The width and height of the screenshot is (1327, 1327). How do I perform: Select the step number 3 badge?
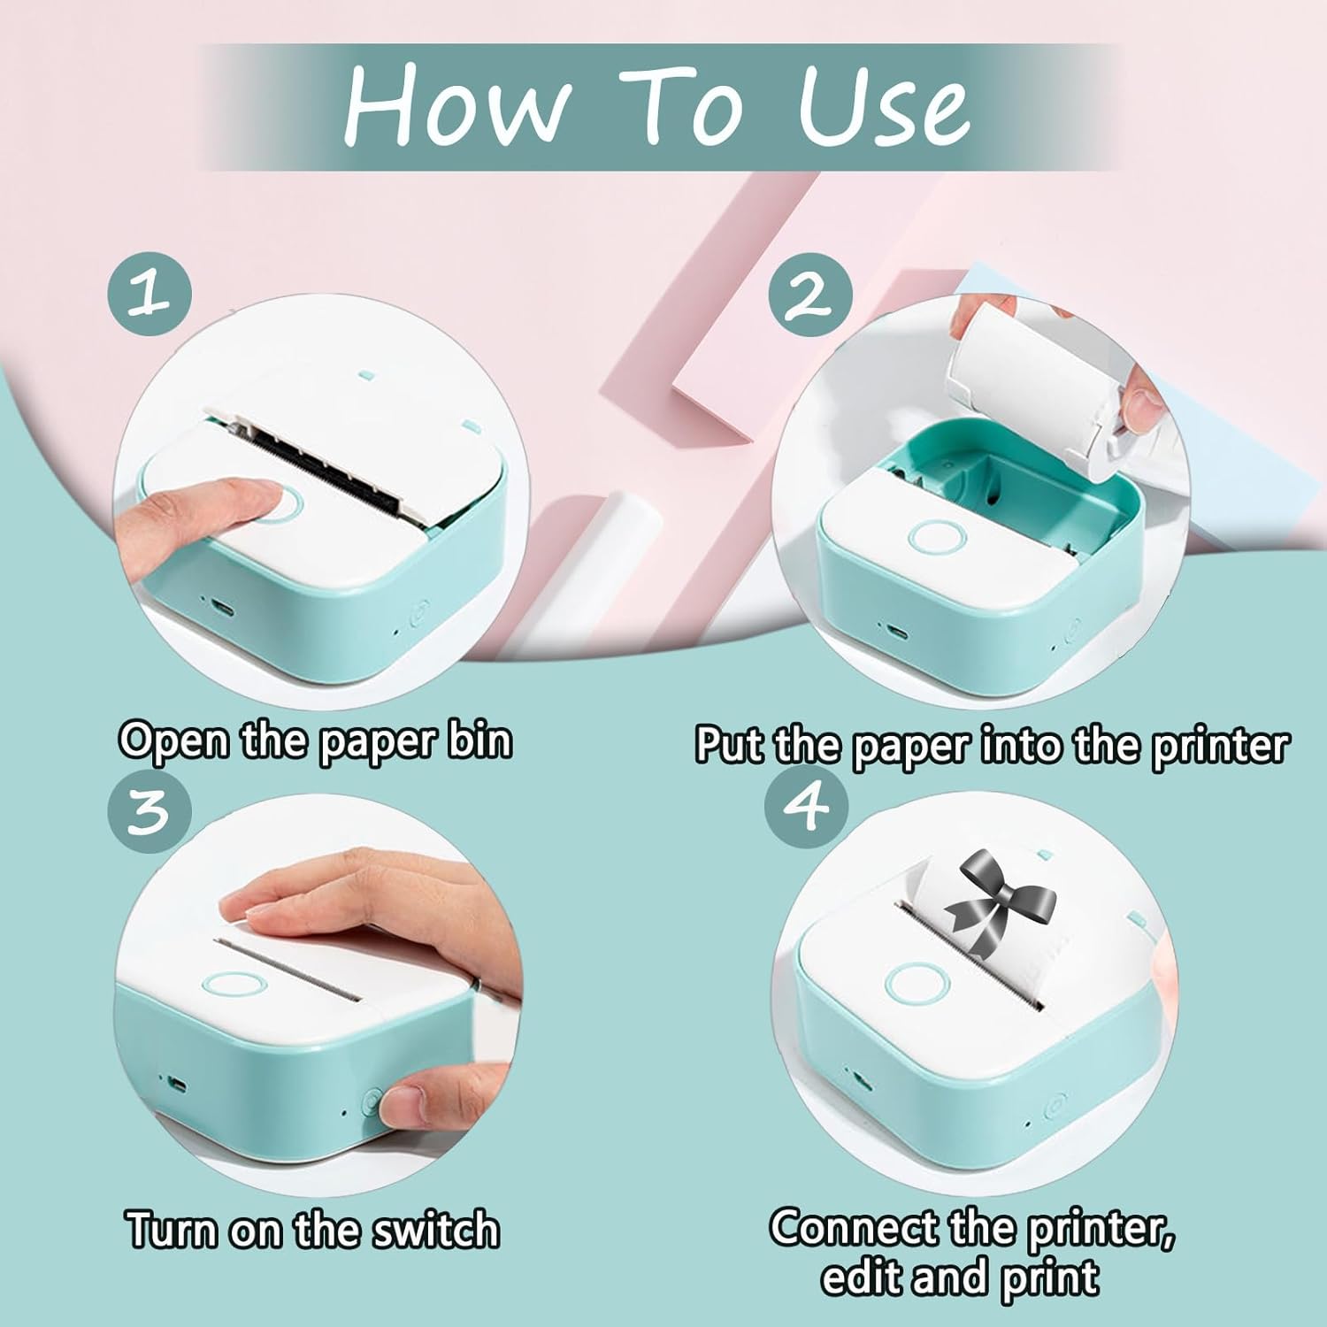pos(150,810)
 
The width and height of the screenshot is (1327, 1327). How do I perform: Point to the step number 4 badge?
pos(806,805)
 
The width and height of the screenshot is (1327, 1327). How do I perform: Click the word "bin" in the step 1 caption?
pos(479,739)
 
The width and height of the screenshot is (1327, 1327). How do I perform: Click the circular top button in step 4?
pos(917,984)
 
